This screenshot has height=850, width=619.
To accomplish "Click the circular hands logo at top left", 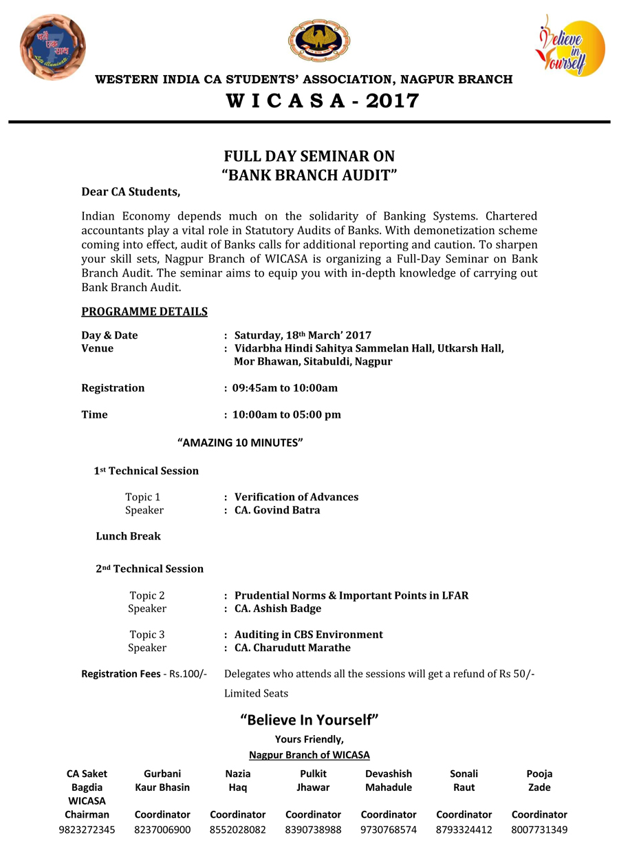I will click(x=53, y=47).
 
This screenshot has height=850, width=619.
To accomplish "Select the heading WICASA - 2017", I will click(x=323, y=101).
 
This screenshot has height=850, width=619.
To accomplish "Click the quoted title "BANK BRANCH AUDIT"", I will click(x=309, y=175).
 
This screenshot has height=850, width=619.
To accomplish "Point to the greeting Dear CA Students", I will click(x=131, y=191).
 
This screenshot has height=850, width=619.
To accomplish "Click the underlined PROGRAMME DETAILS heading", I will click(x=144, y=312).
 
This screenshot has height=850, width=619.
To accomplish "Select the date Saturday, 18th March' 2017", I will click(x=303, y=335).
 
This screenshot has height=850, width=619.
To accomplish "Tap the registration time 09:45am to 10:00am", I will click(x=285, y=388).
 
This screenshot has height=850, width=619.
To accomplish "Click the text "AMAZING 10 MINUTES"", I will click(x=240, y=443).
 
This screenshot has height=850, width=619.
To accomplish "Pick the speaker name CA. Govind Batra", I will click(x=277, y=510).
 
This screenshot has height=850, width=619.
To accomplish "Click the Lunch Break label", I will click(x=128, y=536).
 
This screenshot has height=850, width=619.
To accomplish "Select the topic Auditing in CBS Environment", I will click(x=309, y=635).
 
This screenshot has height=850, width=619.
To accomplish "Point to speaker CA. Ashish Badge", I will click(x=278, y=608).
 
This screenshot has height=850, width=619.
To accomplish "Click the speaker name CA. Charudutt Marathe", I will click(x=292, y=648).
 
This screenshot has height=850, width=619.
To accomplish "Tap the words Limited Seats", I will click(x=256, y=693).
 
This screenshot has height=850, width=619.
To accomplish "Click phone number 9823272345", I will click(x=87, y=829).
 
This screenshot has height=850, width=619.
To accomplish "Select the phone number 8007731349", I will click(x=539, y=829).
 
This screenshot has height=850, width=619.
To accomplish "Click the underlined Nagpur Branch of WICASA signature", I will click(x=309, y=754).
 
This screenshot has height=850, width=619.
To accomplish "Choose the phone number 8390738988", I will click(x=313, y=829).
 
